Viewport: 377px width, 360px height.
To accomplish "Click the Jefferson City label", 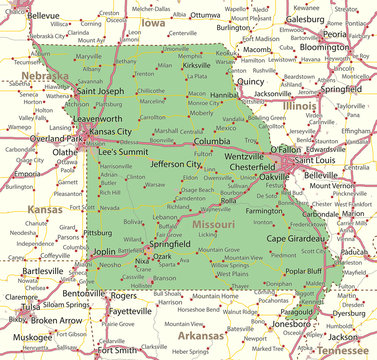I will point(176,163).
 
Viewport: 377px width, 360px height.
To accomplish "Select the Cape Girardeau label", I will point(297,238).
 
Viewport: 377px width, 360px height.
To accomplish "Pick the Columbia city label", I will point(212,141).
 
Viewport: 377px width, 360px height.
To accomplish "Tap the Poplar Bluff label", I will point(303,271).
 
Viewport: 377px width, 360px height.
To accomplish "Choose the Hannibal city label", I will point(252,95).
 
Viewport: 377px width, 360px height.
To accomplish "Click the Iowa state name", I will point(153,21).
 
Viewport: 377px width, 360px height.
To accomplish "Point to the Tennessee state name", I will point(342,351).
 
